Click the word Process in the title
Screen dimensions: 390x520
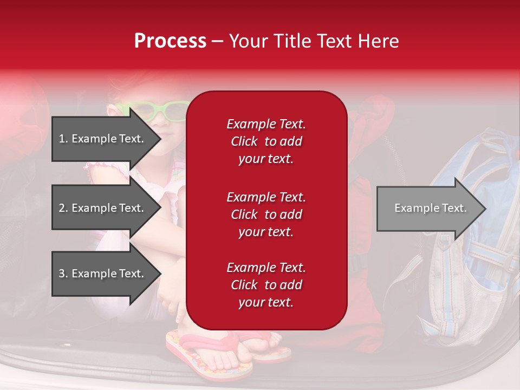coord(170,41)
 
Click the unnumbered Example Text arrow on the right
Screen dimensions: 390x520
coord(430,208)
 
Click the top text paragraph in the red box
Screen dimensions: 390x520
coord(266,141)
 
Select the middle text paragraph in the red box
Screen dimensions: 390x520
coord(266,214)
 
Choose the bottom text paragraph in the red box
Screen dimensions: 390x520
coord(266,285)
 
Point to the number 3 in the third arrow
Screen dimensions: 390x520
coord(62,274)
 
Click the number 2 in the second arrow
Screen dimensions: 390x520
coord(62,208)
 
